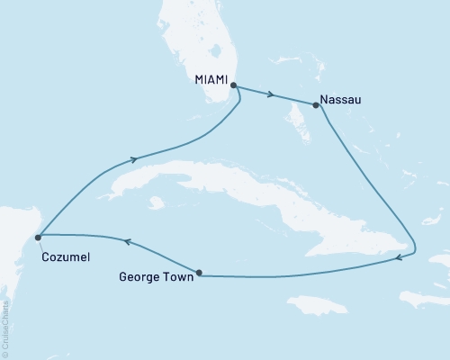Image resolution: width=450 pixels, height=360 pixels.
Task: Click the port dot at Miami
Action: pos(233,85)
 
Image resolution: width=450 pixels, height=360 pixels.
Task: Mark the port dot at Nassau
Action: pos(315,105)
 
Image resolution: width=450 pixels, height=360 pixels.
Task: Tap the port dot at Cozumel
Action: pos(38,238)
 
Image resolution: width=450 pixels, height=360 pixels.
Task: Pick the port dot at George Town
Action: pos(199,273)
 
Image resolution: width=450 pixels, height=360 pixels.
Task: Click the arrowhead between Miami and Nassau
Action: pos(272,94)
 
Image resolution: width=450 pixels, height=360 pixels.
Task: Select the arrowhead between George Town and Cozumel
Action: pos(127,241)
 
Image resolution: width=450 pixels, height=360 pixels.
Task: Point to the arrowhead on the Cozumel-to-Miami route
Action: pos(134,159)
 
